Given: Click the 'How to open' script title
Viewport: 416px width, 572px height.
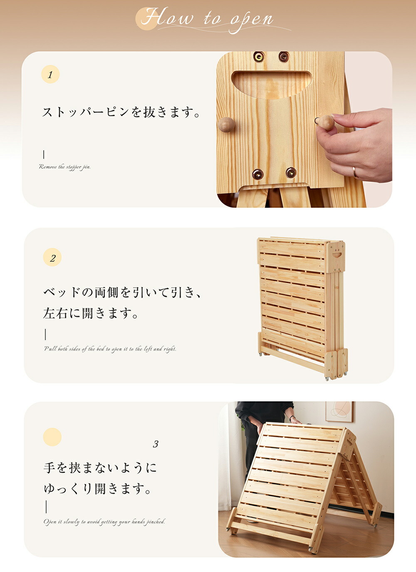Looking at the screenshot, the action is click(207, 20).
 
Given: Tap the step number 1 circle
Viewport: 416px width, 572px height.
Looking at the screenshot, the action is click(50, 74).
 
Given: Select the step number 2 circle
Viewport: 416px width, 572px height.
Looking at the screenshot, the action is click(52, 257).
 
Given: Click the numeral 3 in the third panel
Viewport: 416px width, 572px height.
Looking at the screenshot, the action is click(156, 444).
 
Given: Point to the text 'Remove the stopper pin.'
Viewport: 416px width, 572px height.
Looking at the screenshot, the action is click(65, 167).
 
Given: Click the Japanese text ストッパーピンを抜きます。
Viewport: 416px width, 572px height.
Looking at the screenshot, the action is click(121, 112).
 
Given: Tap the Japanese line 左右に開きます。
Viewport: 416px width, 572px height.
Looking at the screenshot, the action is click(91, 313).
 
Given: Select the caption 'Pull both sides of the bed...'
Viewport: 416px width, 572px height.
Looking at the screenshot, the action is click(110, 349).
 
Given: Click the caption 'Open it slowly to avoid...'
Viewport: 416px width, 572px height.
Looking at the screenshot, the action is click(104, 522).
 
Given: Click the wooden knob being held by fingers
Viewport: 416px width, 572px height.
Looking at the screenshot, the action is click(327, 122).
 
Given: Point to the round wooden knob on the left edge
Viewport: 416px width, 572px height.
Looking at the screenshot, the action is click(226, 124).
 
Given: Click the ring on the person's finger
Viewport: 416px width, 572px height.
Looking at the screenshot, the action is click(355, 172).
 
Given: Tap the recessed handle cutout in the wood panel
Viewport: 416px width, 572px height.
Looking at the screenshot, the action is click(272, 84).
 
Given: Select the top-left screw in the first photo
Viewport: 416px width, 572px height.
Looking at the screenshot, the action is click(259, 56).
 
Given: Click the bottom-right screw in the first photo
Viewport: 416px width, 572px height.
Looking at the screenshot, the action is click(291, 173).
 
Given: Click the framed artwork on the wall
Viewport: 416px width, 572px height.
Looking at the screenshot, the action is click(340, 412).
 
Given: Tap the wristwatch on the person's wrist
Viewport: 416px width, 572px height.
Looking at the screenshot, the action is click(292, 418).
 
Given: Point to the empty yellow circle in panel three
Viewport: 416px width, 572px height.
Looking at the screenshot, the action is click(52, 437).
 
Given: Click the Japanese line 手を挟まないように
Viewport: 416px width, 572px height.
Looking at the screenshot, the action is click(100, 468).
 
